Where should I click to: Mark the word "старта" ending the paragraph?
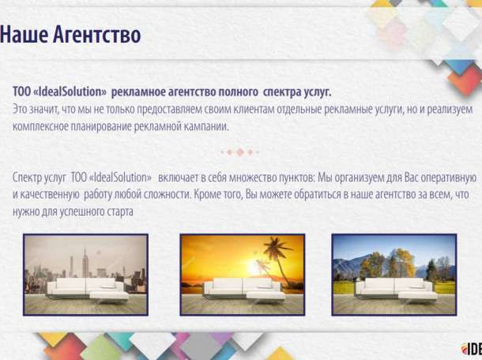119,212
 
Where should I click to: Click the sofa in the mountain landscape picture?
395,288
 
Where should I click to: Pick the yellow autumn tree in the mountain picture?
402,261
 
